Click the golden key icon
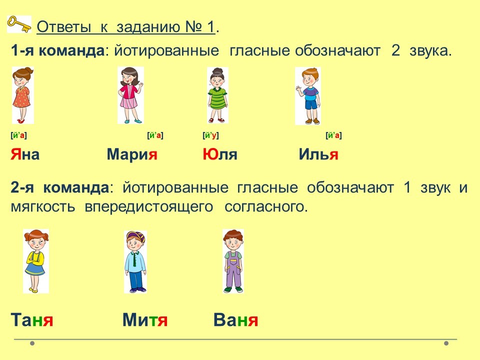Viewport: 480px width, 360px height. pyautogui.click(x=19, y=24)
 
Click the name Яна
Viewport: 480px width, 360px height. pyautogui.click(x=25, y=154)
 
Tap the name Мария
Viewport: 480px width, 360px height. pyautogui.click(x=132, y=154)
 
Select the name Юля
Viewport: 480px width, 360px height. pyautogui.click(x=220, y=154)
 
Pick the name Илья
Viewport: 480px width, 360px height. pyautogui.click(x=318, y=154)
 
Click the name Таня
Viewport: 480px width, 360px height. pyautogui.click(x=32, y=320)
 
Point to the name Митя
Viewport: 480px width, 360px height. pyautogui.click(x=145, y=320)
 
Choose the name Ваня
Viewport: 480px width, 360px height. pyautogui.click(x=235, y=320)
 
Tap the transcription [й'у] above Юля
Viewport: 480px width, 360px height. pyautogui.click(x=210, y=135)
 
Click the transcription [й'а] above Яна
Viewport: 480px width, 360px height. pyautogui.click(x=18, y=135)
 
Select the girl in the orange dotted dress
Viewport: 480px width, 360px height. pyautogui.click(x=22, y=95)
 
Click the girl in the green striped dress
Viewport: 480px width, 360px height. pyautogui.click(x=217, y=95)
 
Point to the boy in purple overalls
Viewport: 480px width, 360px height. pyautogui.click(x=233, y=261)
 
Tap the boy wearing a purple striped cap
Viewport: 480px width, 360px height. pyautogui.click(x=135, y=261)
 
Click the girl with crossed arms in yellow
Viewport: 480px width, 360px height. pyautogui.click(x=36, y=261)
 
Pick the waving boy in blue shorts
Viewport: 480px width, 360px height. pyautogui.click(x=308, y=96)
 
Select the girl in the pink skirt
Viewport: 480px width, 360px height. pyautogui.click(x=130, y=95)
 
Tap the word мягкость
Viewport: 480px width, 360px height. pyautogui.click(x=43, y=207)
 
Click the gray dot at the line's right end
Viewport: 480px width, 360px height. pyautogui.click(x=446, y=343)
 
